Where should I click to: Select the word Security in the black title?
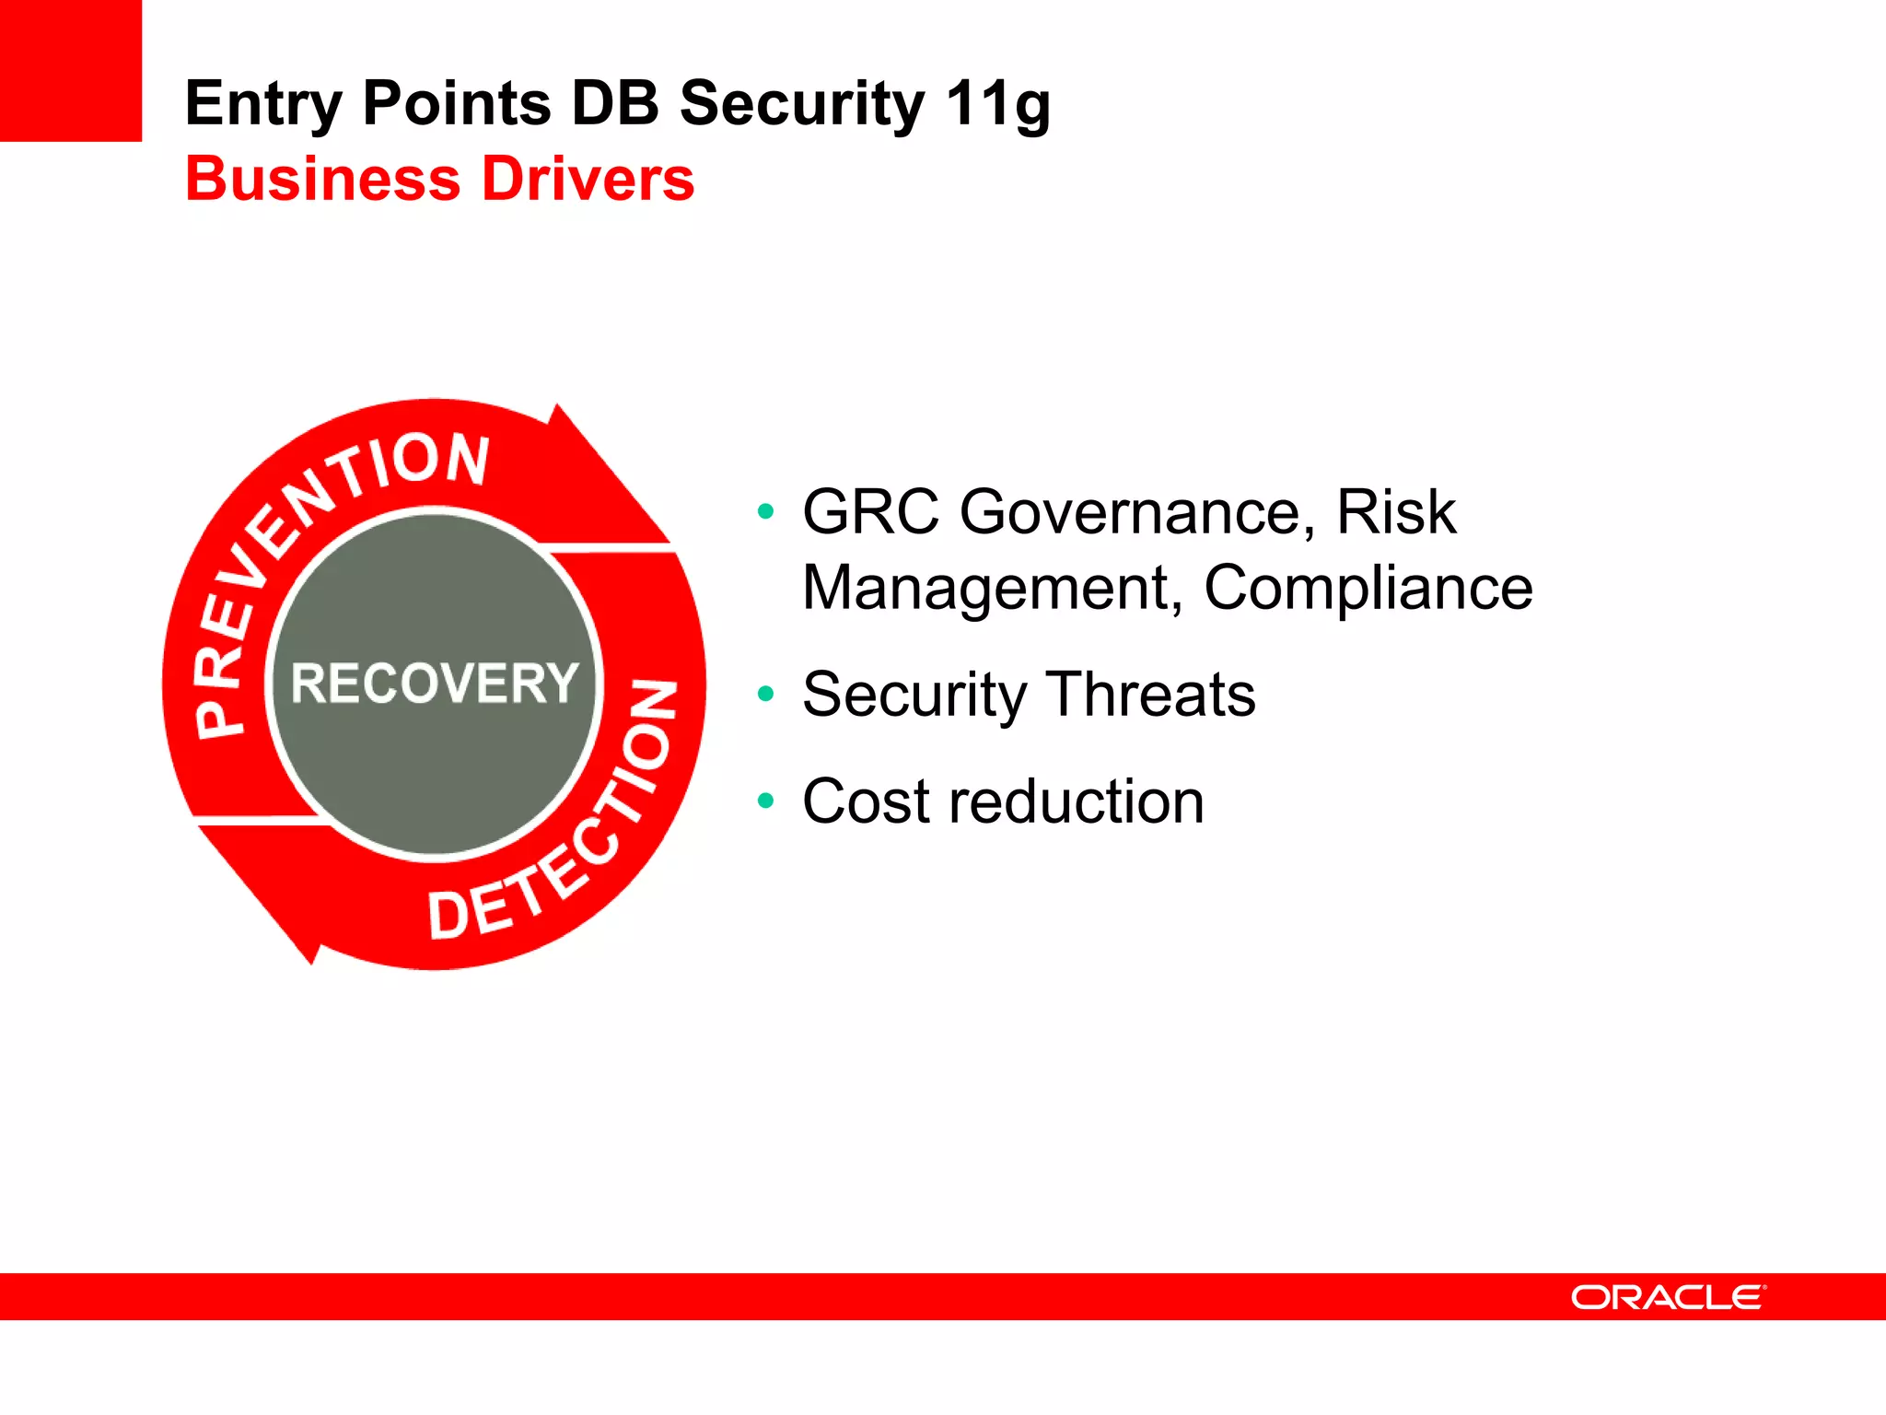click(x=801, y=103)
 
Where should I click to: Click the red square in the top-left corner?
click(x=70, y=70)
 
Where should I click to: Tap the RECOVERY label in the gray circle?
click(x=435, y=683)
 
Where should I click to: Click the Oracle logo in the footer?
click(x=1668, y=1297)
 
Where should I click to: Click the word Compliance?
click(x=1368, y=588)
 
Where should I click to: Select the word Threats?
click(x=1151, y=694)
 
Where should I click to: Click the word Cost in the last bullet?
click(x=867, y=801)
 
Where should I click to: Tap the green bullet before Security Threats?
click(x=765, y=694)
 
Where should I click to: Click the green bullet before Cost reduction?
click(x=765, y=801)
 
